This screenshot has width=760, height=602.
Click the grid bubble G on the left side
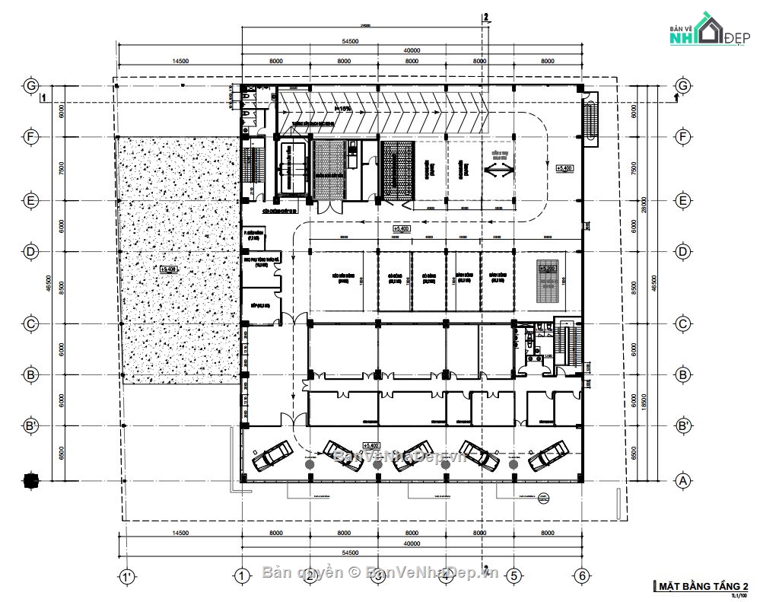(31, 86)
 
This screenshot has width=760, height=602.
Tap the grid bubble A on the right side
(682, 480)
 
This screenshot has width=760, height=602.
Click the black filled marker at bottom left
(30, 480)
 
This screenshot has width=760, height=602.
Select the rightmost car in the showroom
(548, 454)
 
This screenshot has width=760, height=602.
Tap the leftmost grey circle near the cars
(310, 463)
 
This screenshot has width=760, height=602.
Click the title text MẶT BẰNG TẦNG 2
(702, 585)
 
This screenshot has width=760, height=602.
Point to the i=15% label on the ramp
(291, 109)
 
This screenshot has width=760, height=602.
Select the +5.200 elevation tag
(548, 268)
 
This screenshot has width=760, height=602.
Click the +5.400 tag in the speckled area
(168, 269)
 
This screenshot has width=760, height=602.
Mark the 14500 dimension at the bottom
(180, 533)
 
